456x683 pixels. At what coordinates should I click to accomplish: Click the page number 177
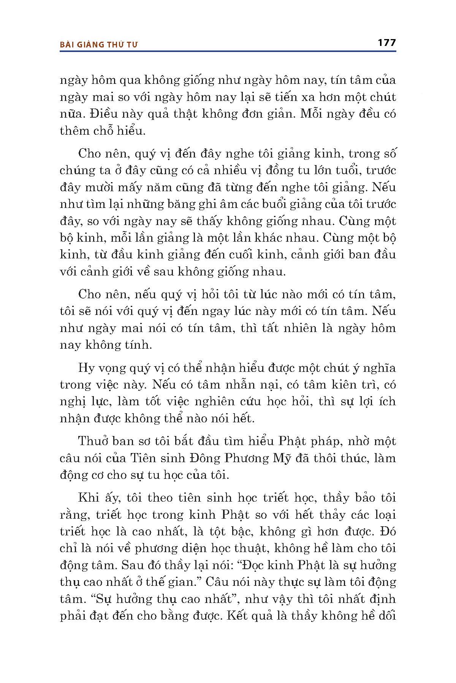click(387, 42)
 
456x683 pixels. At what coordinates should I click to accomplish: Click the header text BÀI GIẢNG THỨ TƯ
click(98, 45)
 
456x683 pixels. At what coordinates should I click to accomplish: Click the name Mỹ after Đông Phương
click(280, 458)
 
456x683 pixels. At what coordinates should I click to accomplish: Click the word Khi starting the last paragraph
click(87, 498)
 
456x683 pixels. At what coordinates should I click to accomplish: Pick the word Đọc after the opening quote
click(254, 565)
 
